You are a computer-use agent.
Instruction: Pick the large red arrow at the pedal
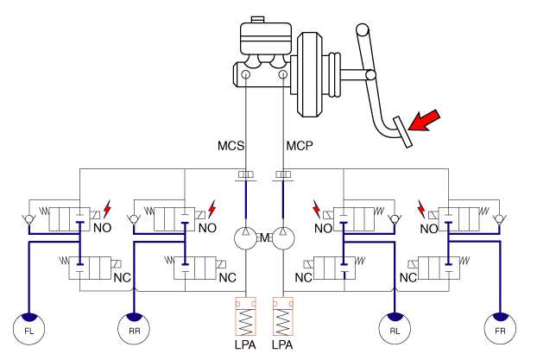[424, 121]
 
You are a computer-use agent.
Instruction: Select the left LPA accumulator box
[248, 317]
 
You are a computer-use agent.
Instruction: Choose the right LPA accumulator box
[284, 317]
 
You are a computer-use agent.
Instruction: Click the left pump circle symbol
[248, 237]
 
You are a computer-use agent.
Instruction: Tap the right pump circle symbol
[284, 237]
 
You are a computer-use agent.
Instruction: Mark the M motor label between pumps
[266, 237]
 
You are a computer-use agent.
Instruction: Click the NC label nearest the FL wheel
[121, 278]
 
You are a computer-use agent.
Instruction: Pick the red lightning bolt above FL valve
[108, 209]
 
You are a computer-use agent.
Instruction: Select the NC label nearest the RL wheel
[304, 278]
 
